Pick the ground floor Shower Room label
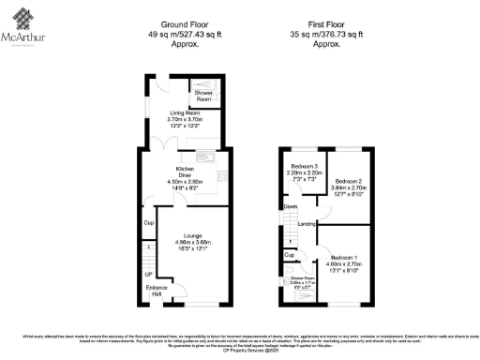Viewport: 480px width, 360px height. [203, 95]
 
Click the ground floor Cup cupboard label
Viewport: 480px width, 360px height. [148, 222]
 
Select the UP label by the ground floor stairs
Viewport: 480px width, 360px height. [148, 274]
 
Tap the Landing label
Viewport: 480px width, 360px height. [306, 224]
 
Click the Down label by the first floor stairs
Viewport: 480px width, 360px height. [292, 206]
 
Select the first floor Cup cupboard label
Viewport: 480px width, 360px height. [290, 254]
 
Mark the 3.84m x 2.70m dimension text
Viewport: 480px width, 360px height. [348, 187]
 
